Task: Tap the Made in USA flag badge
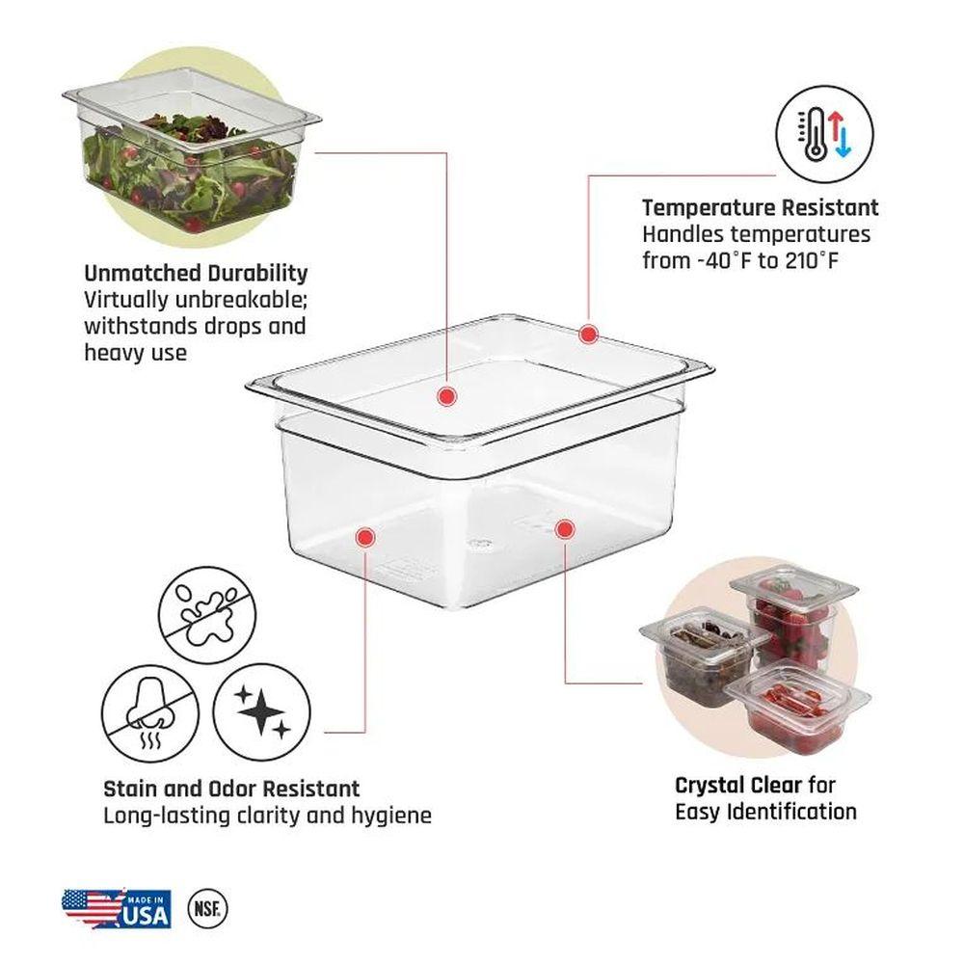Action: [x=117, y=908]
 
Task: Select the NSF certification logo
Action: [x=207, y=908]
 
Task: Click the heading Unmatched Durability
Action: [x=196, y=273]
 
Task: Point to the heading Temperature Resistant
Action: [x=761, y=208]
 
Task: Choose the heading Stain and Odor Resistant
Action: [x=231, y=789]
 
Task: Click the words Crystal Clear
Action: [x=738, y=785]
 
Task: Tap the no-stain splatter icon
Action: [x=207, y=615]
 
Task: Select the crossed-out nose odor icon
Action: [x=150, y=713]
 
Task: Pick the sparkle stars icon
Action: [x=262, y=712]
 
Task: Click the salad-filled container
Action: [x=191, y=150]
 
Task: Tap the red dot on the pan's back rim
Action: [x=588, y=335]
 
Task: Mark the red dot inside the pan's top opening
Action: [x=447, y=396]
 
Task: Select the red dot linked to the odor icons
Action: [x=365, y=537]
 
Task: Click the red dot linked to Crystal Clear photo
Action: [x=564, y=528]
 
